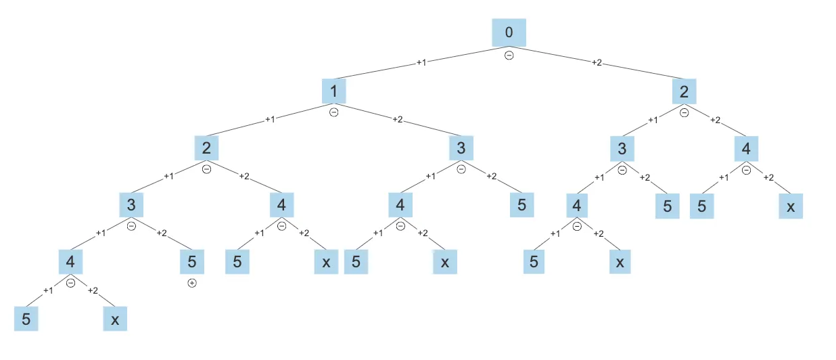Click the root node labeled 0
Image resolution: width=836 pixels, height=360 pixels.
click(509, 32)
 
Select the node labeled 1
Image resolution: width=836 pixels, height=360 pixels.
click(333, 91)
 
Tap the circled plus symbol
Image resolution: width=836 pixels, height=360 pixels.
click(192, 283)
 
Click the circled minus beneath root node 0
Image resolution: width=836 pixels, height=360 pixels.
click(509, 55)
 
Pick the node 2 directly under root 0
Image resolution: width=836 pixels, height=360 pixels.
click(684, 91)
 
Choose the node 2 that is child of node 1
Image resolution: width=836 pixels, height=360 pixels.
click(206, 148)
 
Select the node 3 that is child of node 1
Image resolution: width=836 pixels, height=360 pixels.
click(461, 148)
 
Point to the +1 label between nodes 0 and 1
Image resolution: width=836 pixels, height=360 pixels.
click(421, 62)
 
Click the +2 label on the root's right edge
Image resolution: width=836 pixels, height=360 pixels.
click(597, 62)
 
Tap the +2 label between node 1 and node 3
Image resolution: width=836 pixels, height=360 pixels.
click(398, 120)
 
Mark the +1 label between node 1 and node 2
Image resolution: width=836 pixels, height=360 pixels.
click(270, 120)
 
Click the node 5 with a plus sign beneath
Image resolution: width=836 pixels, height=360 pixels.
click(192, 261)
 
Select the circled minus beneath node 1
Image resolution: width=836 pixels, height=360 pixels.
click(333, 112)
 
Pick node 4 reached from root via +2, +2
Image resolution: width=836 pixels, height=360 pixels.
click(746, 148)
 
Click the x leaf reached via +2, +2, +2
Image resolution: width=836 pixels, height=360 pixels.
click(791, 206)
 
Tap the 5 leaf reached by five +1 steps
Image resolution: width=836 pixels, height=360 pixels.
click(26, 319)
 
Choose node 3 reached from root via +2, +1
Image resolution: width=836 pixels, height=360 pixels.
click(622, 148)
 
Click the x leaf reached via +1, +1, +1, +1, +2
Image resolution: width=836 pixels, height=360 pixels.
click(115, 319)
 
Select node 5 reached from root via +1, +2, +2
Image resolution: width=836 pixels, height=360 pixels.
click(521, 204)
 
